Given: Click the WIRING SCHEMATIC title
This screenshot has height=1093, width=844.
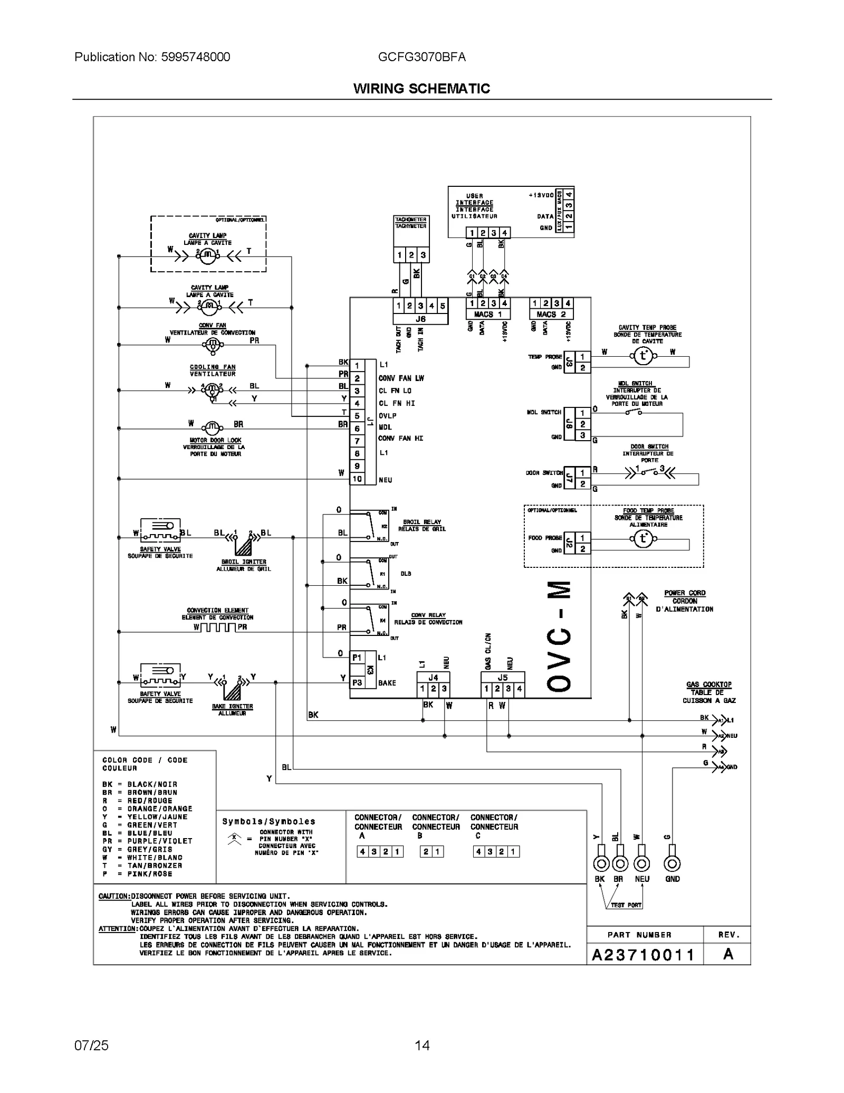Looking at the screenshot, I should pos(421,89).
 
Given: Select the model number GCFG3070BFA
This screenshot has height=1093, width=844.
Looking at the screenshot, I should pos(421,57).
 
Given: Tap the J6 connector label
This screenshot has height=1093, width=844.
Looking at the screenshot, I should pos(420,319).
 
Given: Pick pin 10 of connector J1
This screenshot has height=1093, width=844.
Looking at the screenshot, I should pos(357,479).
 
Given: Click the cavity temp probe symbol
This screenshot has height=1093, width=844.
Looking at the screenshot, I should pos(642,356).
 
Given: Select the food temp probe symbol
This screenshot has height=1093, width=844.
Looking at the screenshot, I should pos(642,539).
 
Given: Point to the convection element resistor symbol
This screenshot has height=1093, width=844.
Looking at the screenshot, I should pos(218,627).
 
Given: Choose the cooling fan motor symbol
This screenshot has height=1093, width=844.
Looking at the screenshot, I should pos(212,391).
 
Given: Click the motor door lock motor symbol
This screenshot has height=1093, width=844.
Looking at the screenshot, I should pos(212,426).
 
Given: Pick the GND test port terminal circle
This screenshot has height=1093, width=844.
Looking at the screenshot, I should pos(672,864).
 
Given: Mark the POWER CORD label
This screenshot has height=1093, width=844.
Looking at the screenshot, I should pos(684,593).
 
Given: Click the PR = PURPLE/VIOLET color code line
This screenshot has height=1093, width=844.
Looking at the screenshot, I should pos(147,841).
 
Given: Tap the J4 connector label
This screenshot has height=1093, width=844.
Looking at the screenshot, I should pos(433,678).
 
